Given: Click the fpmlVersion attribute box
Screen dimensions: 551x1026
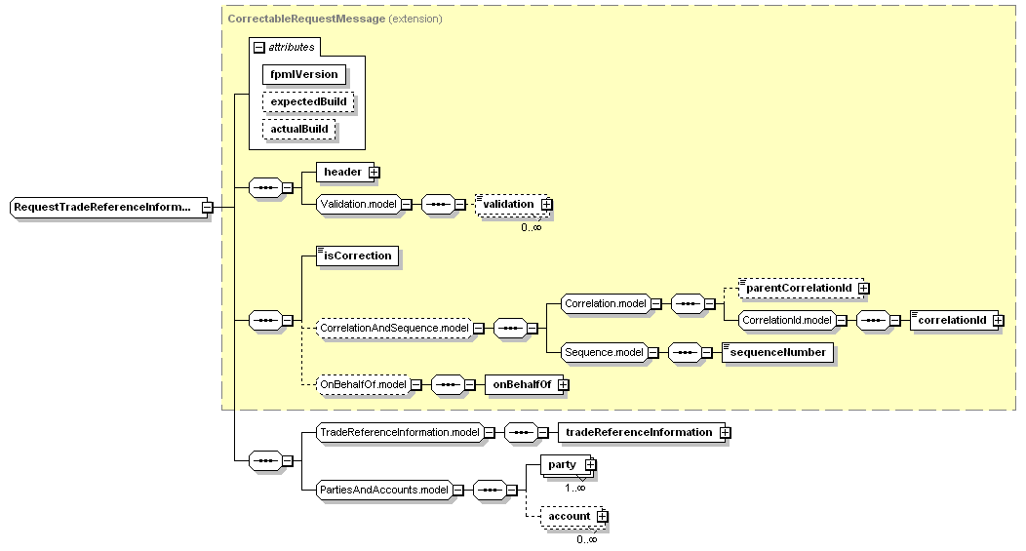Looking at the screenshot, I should [x=304, y=74].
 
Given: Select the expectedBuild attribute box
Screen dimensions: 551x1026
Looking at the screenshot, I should [x=308, y=101].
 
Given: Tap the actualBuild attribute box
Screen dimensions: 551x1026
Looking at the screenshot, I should [x=300, y=129].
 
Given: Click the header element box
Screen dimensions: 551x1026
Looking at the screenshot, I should [x=342, y=173].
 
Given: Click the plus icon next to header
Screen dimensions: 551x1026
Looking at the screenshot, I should [x=375, y=173].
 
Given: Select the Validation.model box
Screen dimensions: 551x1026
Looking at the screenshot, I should [x=358, y=204].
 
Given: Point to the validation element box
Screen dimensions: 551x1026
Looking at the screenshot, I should [x=509, y=204].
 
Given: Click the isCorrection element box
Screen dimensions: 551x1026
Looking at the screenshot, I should [x=358, y=256].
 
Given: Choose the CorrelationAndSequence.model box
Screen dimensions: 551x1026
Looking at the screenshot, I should [x=394, y=329].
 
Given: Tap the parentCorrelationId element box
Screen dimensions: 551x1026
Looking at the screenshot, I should [x=798, y=289].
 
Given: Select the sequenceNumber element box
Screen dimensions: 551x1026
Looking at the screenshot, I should [x=777, y=353].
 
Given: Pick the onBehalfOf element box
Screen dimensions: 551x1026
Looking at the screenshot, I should [x=522, y=385].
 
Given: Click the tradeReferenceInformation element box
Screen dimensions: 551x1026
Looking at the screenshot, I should [x=639, y=433].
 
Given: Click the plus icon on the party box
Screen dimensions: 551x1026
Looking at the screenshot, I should [x=590, y=465].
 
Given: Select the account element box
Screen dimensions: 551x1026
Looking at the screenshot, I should [x=570, y=516].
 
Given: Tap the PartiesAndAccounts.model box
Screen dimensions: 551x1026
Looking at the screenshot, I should [x=384, y=490].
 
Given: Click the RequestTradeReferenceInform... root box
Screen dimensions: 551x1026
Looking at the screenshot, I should [x=103, y=208].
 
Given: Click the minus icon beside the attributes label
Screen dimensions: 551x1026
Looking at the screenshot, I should [x=258, y=47].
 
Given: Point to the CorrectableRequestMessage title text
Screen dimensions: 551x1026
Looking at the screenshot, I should [x=304, y=19].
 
